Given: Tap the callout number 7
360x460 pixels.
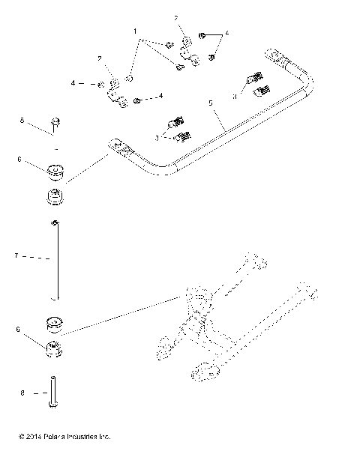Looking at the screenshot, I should pyautogui.click(x=15, y=256).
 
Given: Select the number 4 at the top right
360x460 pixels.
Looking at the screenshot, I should pyautogui.click(x=227, y=33).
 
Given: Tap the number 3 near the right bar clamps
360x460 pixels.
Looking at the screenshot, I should pyautogui.click(x=234, y=97).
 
